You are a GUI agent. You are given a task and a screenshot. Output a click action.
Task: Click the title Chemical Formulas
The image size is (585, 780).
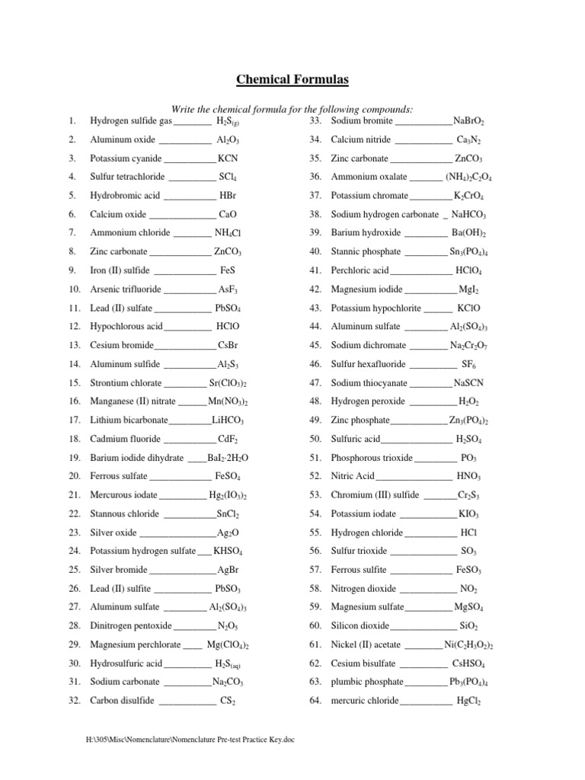(292, 79)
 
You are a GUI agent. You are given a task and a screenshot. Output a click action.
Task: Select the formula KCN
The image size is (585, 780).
(229, 158)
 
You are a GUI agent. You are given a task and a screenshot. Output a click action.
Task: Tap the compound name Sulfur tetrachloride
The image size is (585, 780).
(129, 177)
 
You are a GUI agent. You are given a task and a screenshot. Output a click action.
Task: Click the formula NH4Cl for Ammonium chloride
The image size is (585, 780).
(228, 233)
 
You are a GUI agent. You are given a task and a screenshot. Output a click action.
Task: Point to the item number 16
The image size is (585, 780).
(74, 401)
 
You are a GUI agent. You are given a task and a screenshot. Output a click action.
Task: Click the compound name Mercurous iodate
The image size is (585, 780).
(125, 495)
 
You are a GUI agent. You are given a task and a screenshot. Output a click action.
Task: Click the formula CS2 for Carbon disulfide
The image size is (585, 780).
(228, 701)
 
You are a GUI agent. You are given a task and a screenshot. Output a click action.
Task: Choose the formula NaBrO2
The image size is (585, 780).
(468, 121)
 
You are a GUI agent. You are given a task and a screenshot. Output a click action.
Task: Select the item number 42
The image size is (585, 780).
(315, 289)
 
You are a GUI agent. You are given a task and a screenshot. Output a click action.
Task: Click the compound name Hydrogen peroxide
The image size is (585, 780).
(368, 401)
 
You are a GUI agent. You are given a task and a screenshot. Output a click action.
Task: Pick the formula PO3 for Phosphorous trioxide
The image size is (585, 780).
(469, 458)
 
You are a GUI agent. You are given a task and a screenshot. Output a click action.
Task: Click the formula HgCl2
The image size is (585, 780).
(468, 701)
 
